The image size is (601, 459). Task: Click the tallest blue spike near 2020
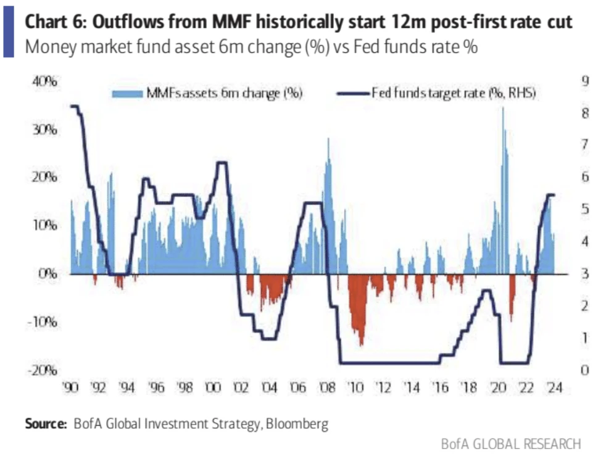click(x=503, y=110)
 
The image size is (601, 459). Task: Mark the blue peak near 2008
click(x=328, y=139)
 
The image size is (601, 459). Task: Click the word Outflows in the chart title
click(x=129, y=23)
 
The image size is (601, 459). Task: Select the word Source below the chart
click(x=45, y=424)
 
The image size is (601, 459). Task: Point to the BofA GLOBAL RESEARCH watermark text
click(x=510, y=444)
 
